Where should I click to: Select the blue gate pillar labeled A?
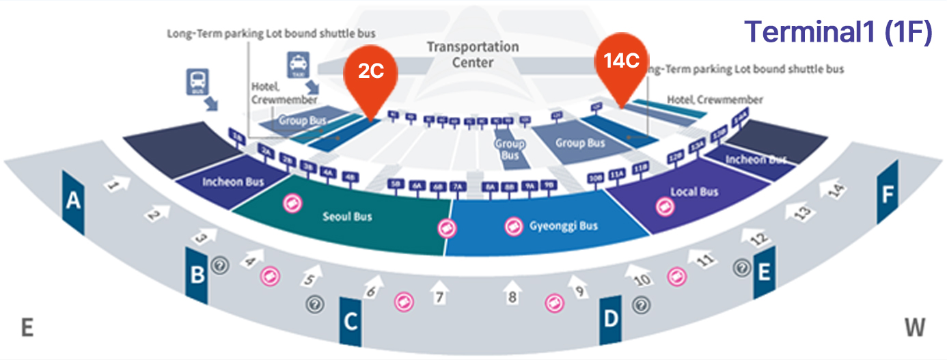pos(73,202)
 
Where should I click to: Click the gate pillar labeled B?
pos(197,275)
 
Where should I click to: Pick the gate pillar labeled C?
pos(350,322)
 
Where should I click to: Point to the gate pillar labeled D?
pos(610,319)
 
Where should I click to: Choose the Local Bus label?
pos(694,192)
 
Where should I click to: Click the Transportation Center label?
pos(473,55)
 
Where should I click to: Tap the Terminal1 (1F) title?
pos(838,32)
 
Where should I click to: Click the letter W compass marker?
pos(915,328)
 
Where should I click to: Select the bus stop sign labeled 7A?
pos(457,185)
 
